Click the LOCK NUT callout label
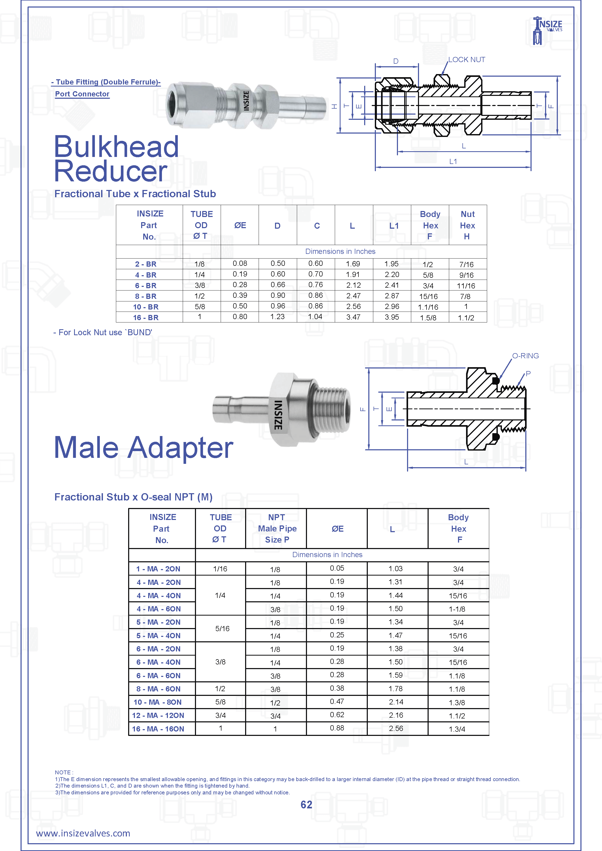coord(466,60)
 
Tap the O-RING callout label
coord(525,356)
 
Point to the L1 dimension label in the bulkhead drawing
coord(453,162)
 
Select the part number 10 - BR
coord(146,307)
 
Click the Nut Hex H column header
coord(467,225)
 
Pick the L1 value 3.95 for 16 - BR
coord(392,317)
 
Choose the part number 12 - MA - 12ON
coord(158,715)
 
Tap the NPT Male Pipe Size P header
coord(277,528)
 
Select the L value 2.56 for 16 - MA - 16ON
coord(396,728)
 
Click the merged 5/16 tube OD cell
coord(222,629)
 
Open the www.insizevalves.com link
coord(83,834)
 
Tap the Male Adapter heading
coord(144,447)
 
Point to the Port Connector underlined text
coord(82,94)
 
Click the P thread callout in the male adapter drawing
coord(528,374)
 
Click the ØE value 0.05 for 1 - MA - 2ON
coord(337,568)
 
